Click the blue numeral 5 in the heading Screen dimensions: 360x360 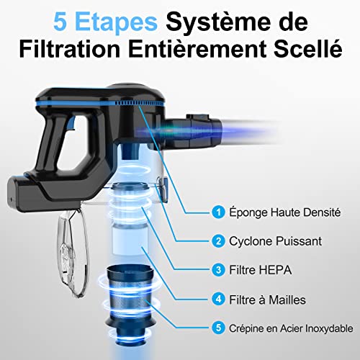[60, 22]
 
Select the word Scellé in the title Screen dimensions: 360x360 [308, 48]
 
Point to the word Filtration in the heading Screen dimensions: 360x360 [69, 49]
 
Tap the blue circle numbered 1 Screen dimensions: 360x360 [218, 212]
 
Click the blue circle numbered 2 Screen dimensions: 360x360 [218, 241]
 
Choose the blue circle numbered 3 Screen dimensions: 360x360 [218, 270]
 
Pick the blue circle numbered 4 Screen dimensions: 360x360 [218, 300]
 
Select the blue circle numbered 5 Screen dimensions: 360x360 [218, 328]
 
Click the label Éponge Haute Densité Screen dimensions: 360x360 [284, 212]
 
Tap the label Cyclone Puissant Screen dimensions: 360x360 [275, 241]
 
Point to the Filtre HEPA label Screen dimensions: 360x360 [261, 270]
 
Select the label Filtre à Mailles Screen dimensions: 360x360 [267, 300]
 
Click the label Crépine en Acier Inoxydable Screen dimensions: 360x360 [291, 328]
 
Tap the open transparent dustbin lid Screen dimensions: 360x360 [72, 253]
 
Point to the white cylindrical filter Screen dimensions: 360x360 [130, 238]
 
